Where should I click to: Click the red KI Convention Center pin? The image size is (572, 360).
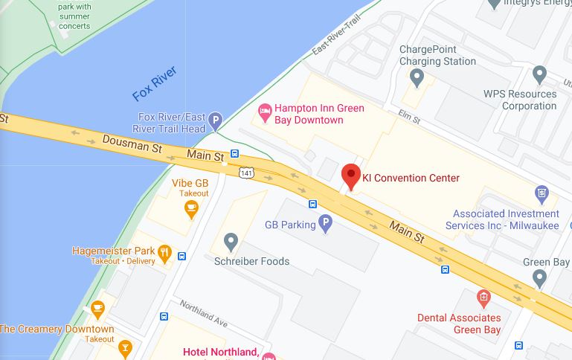(351, 177)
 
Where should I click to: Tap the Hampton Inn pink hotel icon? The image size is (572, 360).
(264, 114)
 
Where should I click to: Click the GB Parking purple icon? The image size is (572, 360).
(325, 223)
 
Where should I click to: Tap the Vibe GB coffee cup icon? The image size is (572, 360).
(191, 208)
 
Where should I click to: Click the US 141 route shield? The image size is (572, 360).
(245, 173)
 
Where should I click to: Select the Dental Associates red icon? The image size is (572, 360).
(483, 299)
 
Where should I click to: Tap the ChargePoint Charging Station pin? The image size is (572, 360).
(417, 77)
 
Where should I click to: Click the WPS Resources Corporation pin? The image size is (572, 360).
(540, 74)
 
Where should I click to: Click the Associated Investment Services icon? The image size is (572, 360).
(542, 195)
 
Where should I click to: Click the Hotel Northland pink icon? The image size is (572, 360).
(268, 355)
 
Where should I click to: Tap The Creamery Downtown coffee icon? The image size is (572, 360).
(97, 308)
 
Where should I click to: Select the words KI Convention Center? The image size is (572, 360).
(411, 178)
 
